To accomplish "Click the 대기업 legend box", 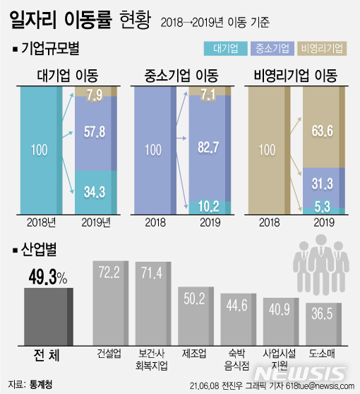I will (229, 49).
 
